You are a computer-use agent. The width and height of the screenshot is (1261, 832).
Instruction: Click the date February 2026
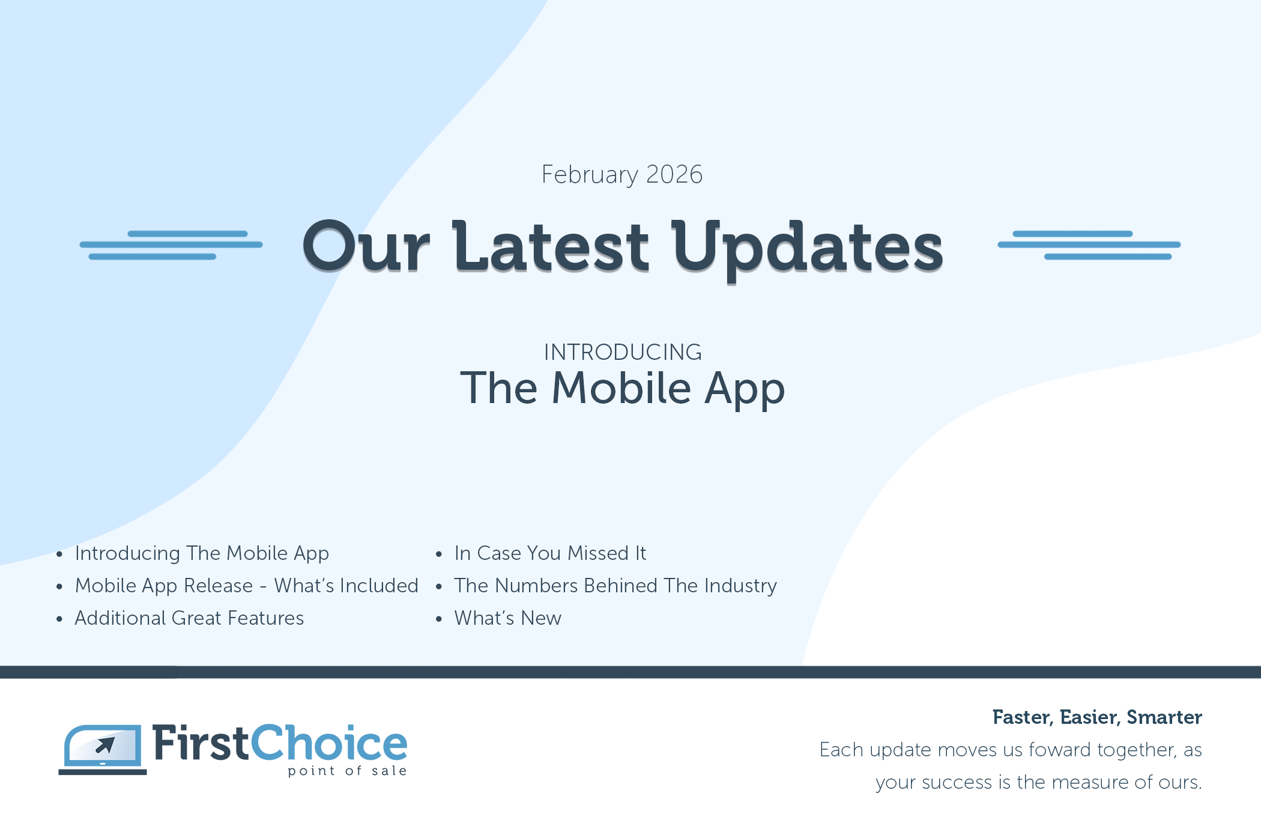tap(622, 175)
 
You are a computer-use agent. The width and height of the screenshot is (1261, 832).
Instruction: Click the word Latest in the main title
tap(551, 246)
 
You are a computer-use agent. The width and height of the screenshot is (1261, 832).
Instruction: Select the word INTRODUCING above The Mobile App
tap(623, 352)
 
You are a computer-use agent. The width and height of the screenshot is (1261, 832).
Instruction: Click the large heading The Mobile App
tap(623, 389)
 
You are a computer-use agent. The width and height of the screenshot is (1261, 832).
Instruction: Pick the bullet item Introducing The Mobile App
tap(202, 553)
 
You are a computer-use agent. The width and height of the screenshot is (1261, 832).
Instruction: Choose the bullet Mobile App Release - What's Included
tap(246, 586)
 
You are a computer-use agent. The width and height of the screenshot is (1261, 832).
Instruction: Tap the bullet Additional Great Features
tap(189, 618)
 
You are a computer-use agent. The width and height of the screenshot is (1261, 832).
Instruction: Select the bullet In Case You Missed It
tap(550, 553)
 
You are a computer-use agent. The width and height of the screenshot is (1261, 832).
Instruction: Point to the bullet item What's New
tap(507, 618)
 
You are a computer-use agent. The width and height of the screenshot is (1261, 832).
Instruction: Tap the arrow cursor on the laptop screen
tap(106, 745)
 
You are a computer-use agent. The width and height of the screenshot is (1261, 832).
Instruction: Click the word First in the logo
tap(201, 743)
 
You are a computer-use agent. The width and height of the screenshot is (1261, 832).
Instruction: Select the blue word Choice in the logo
tap(329, 743)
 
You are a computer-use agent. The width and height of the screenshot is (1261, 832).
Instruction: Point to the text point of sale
tap(347, 771)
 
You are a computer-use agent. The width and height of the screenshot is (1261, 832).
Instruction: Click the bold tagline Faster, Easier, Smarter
tap(1097, 718)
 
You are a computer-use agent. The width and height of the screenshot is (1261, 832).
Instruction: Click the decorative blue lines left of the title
tap(171, 245)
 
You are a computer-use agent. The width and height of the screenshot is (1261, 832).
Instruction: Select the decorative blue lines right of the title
tap(1089, 245)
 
